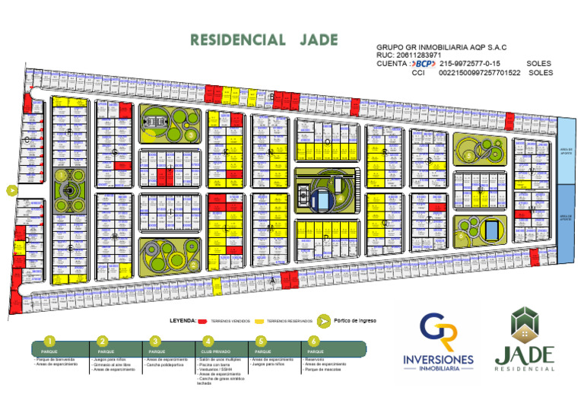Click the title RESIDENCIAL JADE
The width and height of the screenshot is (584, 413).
point(264,40)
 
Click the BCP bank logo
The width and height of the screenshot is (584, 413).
point(423,64)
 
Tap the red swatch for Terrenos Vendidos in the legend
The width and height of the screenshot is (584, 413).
point(203,321)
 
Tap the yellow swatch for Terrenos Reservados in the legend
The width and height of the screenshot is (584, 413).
point(259,321)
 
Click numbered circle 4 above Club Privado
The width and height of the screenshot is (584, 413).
point(208,342)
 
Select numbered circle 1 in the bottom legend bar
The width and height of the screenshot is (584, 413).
point(49,342)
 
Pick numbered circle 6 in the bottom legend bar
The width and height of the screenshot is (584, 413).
point(313,342)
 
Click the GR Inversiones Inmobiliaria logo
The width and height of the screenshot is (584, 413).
point(439,343)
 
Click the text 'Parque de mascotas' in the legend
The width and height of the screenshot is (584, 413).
point(322,370)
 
